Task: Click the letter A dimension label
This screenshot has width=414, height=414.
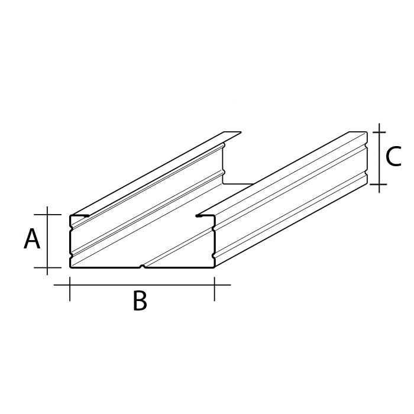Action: click(32, 239)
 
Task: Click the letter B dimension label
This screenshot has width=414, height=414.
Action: click(140, 300)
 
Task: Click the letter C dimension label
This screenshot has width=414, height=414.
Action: click(393, 157)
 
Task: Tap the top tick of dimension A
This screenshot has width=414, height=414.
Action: click(47, 215)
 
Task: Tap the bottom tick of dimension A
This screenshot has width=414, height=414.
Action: click(47, 267)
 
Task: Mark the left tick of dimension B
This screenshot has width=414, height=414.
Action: click(70, 289)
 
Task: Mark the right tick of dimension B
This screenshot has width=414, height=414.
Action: click(214, 289)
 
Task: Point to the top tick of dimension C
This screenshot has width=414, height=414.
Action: click(379, 132)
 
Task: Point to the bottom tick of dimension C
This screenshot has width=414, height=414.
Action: click(379, 185)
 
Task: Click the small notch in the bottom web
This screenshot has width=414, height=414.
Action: click(143, 266)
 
